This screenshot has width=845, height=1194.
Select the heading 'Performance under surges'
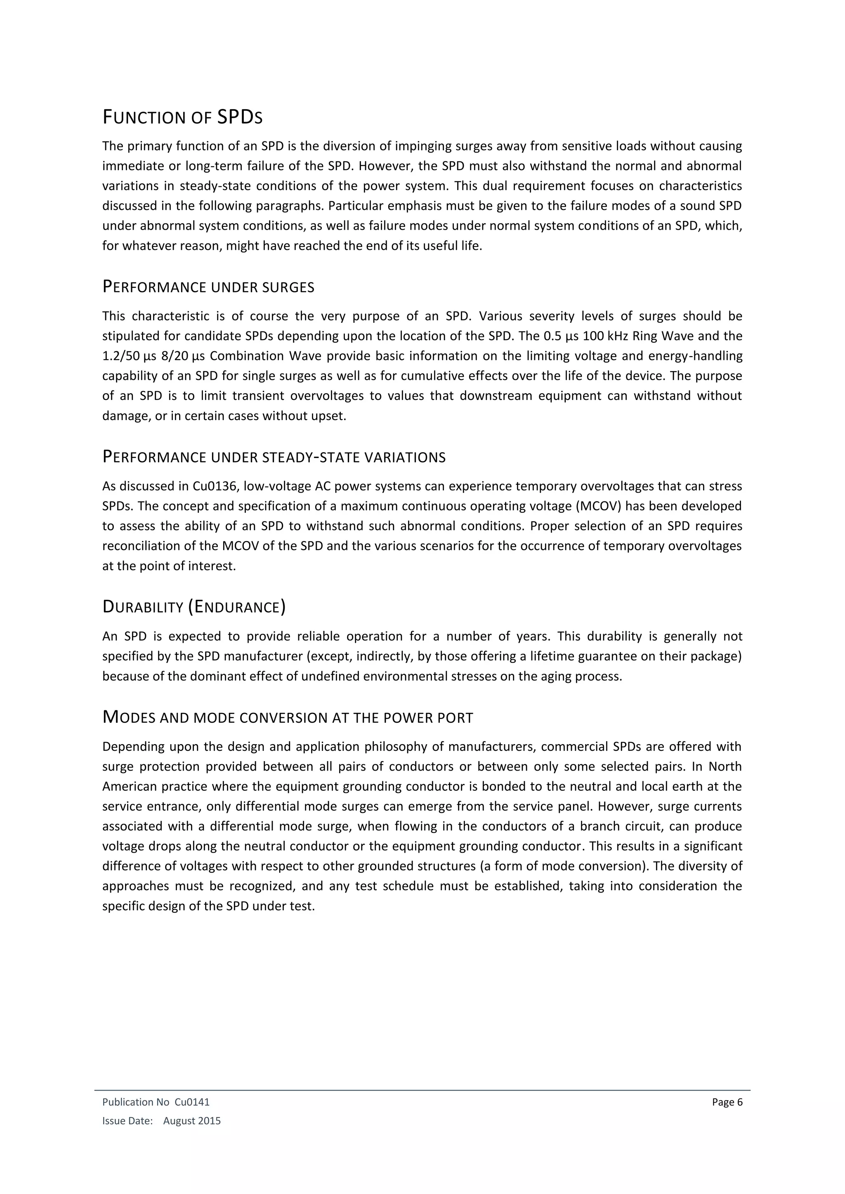pyautogui.click(x=208, y=287)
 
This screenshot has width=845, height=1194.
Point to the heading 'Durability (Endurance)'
pyautogui.click(x=194, y=606)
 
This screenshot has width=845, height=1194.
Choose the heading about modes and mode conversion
pyautogui.click(x=287, y=718)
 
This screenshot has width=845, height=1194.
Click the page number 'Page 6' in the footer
pyautogui.click(x=727, y=1102)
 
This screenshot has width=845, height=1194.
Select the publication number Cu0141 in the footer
pyautogui.click(x=192, y=1102)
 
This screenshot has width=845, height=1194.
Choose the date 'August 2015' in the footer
pyautogui.click(x=192, y=1121)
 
